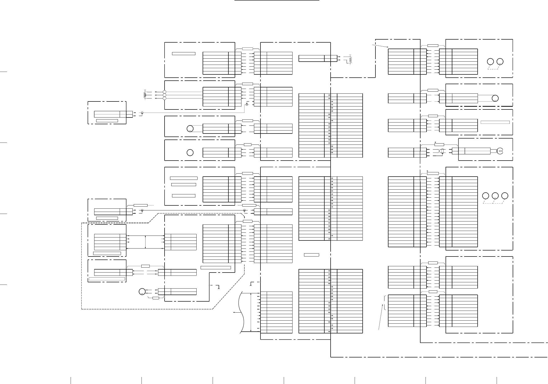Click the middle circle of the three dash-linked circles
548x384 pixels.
pos(495,196)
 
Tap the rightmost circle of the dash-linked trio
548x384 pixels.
pos(505,196)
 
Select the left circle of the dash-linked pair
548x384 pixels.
pos(490,62)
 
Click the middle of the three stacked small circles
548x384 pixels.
pos(165,95)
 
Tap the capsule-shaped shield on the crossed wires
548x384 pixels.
pos(442,151)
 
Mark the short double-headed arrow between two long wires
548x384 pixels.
pos(146,242)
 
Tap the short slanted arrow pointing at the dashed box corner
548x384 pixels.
pos(380,46)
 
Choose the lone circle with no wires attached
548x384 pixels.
pos(190,153)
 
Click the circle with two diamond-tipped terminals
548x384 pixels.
pos(142,291)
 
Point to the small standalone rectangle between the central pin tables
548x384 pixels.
pos(311,255)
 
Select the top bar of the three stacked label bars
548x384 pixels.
pos(184,178)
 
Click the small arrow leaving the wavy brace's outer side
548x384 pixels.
pos(236,312)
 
